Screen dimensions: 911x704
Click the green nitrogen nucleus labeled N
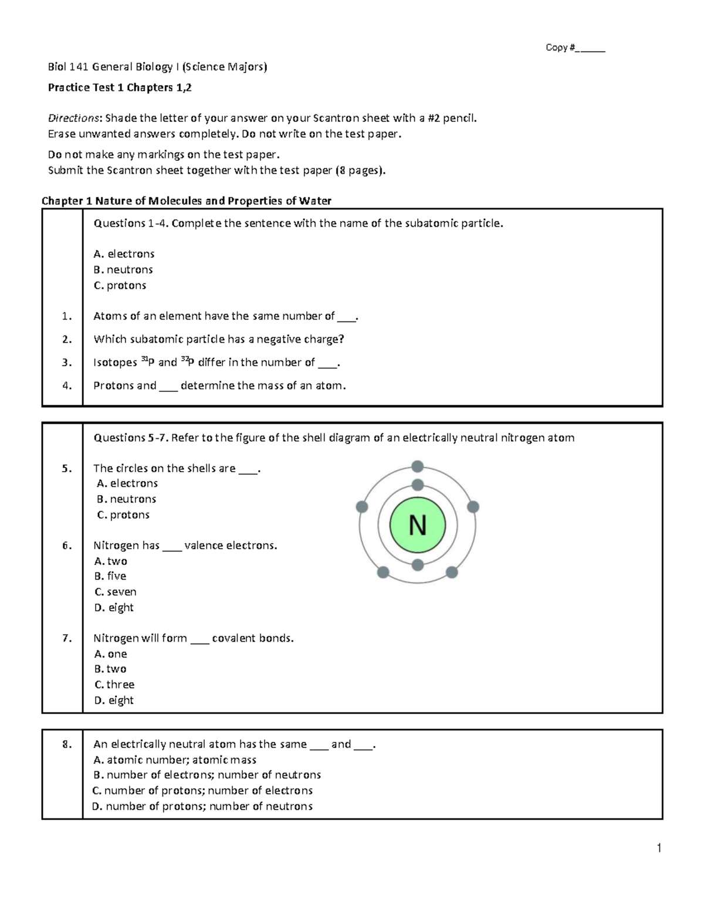tap(417, 525)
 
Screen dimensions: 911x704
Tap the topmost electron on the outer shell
tap(417, 467)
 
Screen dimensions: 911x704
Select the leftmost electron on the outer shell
tap(362, 507)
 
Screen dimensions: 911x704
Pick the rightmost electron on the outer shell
tap(473, 507)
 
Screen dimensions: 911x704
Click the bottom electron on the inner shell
tap(417, 565)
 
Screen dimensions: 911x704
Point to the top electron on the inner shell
tap(417, 485)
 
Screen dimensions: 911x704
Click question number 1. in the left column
tap(66, 316)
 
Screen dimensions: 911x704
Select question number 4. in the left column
tap(66, 385)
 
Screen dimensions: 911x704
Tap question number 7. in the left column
tap(66, 638)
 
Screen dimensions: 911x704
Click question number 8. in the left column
tap(66, 744)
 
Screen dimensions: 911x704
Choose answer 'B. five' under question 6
tap(110, 576)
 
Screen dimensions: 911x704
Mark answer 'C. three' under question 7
tap(114, 685)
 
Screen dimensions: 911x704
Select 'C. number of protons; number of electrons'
tap(202, 791)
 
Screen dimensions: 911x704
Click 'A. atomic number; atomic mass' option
tap(175, 760)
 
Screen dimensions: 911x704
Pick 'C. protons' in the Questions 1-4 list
tap(120, 286)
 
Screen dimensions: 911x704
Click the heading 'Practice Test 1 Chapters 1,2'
tap(120, 88)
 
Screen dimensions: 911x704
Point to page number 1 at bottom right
tap(659, 848)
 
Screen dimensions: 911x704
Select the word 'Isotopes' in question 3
tap(115, 363)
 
